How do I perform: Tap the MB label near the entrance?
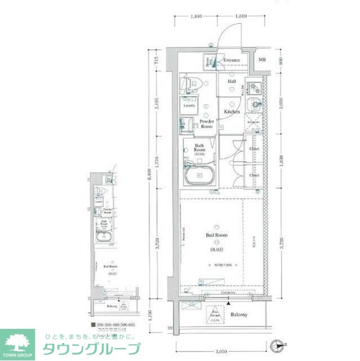pos(262,60)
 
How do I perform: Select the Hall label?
pos(232,82)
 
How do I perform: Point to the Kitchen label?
pos(232,112)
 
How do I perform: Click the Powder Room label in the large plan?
pos(207,124)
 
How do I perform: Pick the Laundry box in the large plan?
pos(189,105)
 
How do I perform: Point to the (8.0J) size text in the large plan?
pos(217,249)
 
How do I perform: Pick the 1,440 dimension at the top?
pos(196,17)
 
